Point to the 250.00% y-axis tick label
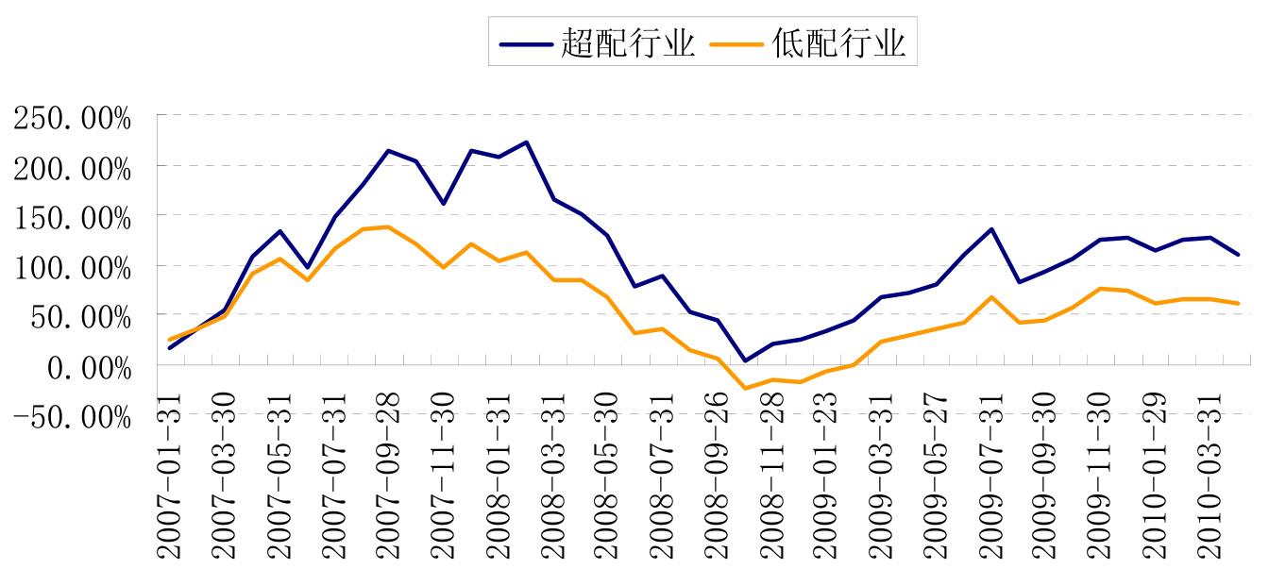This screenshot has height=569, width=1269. [x=72, y=119]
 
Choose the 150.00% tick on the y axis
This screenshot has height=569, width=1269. [x=72, y=218]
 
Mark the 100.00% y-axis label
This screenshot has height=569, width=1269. [x=72, y=267]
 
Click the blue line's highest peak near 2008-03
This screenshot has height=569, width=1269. [x=526, y=142]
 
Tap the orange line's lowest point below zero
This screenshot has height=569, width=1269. [x=745, y=388]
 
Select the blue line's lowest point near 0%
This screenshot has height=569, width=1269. [x=745, y=360]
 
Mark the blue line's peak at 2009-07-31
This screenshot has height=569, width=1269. [x=991, y=229]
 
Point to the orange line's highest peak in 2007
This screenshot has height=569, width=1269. [x=388, y=226]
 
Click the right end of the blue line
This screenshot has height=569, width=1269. [x=1238, y=255]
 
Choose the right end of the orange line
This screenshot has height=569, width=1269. [x=1238, y=303]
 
